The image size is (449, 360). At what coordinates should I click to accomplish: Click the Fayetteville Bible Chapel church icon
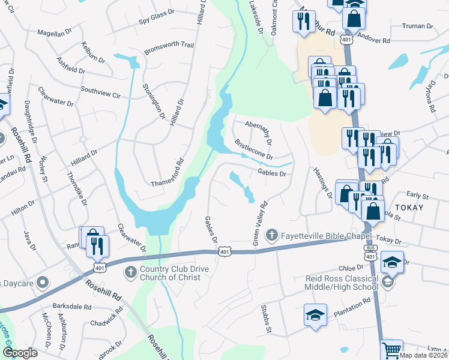click(x=271, y=234)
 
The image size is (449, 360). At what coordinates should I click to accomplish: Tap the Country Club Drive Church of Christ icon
click(x=130, y=273)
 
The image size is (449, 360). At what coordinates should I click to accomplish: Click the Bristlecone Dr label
click(x=253, y=150)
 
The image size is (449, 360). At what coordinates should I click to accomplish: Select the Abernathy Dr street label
click(x=259, y=132)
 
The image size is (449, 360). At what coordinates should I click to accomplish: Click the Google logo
click(x=20, y=352)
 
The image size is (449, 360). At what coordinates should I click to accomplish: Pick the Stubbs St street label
click(x=265, y=319)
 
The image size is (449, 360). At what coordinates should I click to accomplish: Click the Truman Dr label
click(x=418, y=26)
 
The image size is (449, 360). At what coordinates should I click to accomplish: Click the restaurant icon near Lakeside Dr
click(x=301, y=22)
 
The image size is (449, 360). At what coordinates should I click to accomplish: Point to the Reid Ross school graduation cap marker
click(x=392, y=263)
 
